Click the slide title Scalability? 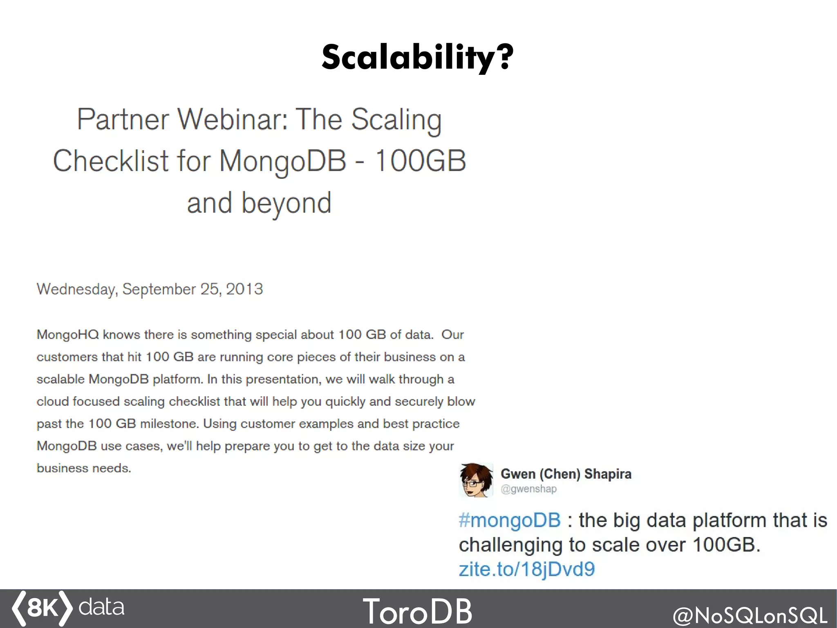pyautogui.click(x=417, y=57)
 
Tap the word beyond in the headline pyautogui.click(x=286, y=203)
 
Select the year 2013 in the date pyautogui.click(x=244, y=289)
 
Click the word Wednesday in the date pyautogui.click(x=76, y=289)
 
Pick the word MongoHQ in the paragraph pyautogui.click(x=68, y=335)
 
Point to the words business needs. pyautogui.click(x=84, y=468)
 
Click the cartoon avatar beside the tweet pyautogui.click(x=476, y=480)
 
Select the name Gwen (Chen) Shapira pyautogui.click(x=566, y=474)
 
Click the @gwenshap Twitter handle pyautogui.click(x=528, y=489)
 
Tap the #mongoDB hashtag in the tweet pyautogui.click(x=509, y=520)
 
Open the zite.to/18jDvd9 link pyautogui.click(x=526, y=569)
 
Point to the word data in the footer pyautogui.click(x=101, y=607)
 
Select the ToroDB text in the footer pyautogui.click(x=417, y=611)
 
